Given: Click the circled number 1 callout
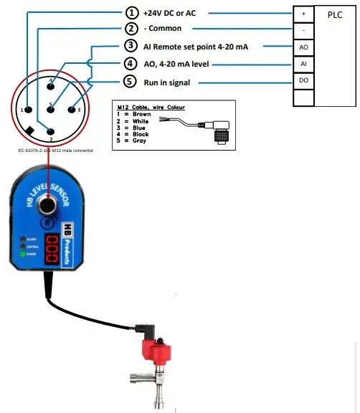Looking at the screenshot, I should click(131, 12).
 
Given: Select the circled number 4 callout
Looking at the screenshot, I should click(131, 64).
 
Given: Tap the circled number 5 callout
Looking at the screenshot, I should click(131, 82).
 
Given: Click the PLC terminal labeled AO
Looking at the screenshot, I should click(303, 47).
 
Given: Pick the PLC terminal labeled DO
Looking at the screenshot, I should click(303, 81).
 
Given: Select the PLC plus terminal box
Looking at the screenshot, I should click(303, 13).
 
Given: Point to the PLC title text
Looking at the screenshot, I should click(335, 14).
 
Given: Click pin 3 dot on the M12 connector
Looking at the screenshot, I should click(71, 110).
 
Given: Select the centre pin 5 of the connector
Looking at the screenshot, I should click(50, 110).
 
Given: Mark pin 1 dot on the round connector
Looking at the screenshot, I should click(29, 110).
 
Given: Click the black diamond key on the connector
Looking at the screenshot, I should click(29, 130).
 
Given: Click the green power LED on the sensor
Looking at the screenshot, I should click(25, 254).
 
